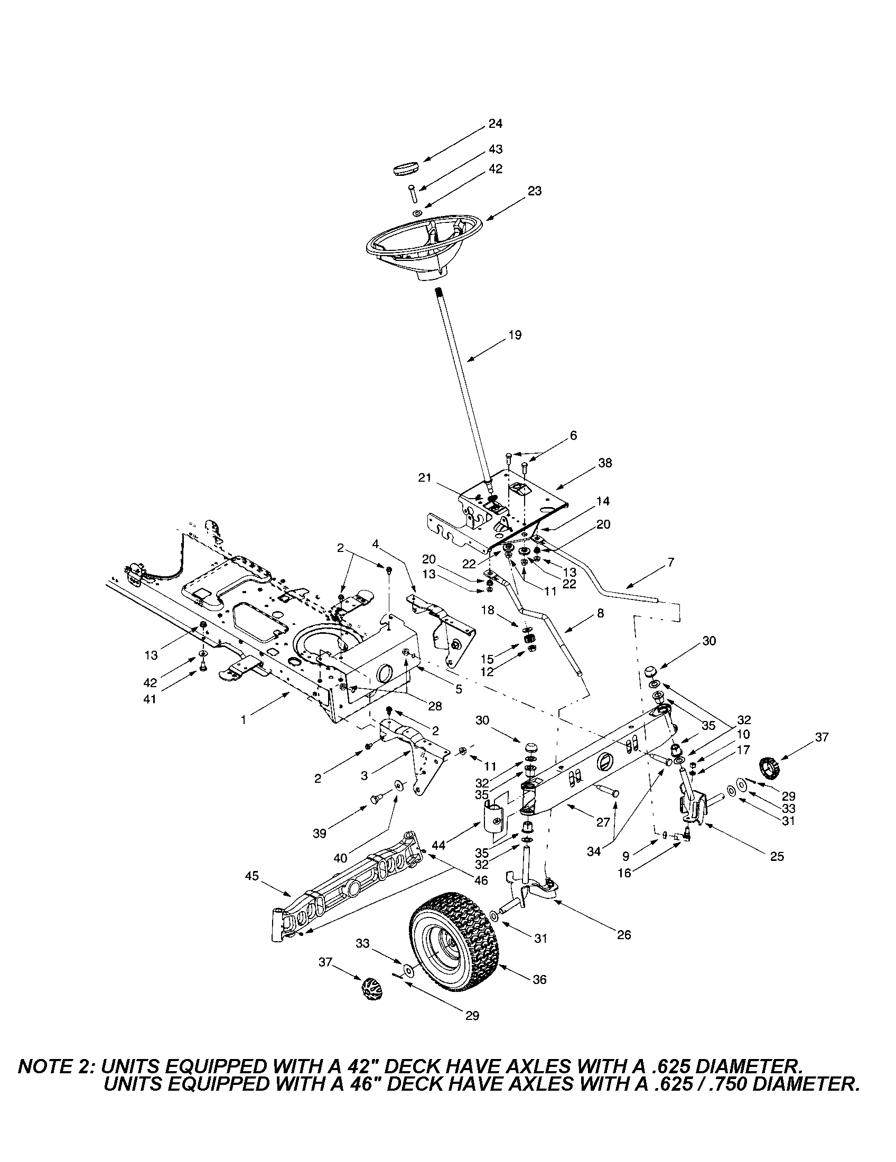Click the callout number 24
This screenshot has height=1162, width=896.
click(x=496, y=124)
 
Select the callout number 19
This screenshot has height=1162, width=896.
click(x=515, y=335)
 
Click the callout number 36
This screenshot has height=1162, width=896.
click(x=539, y=979)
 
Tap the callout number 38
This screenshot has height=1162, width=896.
click(x=605, y=463)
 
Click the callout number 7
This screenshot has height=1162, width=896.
click(x=670, y=561)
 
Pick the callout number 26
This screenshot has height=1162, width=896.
click(x=623, y=935)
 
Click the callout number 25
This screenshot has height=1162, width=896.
click(x=777, y=856)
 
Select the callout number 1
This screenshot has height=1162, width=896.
click(x=244, y=720)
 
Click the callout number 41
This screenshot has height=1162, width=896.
click(x=150, y=699)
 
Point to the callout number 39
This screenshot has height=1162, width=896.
click(x=319, y=833)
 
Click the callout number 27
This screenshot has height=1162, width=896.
click(x=602, y=822)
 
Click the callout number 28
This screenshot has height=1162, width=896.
click(x=435, y=706)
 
